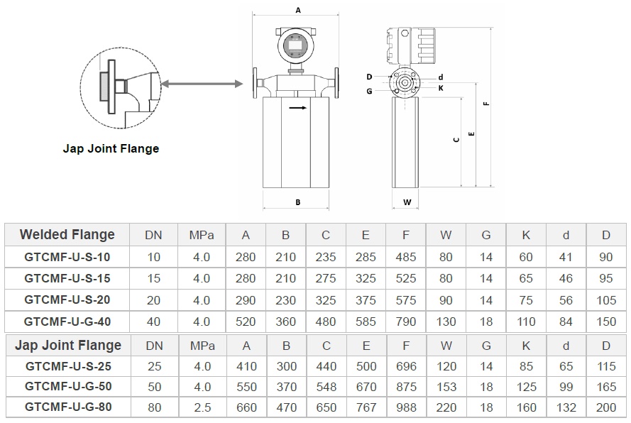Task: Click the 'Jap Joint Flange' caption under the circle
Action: (x=111, y=148)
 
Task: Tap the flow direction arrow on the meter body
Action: (x=298, y=109)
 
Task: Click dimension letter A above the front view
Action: (x=298, y=11)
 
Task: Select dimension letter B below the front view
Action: (x=298, y=202)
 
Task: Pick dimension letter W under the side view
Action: (x=407, y=202)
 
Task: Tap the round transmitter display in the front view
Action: (x=295, y=46)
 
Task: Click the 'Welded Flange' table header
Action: (x=67, y=235)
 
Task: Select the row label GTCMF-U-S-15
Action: (x=67, y=278)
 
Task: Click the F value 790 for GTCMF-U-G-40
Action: (x=406, y=321)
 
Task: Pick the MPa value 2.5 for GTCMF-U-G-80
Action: (x=202, y=407)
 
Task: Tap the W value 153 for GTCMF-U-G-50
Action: (x=446, y=386)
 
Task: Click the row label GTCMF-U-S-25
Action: (x=67, y=366)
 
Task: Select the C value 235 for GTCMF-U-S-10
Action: (x=326, y=256)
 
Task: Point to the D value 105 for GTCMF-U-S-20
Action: (x=606, y=300)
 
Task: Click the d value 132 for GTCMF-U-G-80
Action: (x=566, y=407)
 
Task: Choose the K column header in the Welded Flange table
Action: (x=526, y=235)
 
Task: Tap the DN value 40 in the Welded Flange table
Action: (x=153, y=321)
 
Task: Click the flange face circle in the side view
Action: (x=405, y=82)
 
